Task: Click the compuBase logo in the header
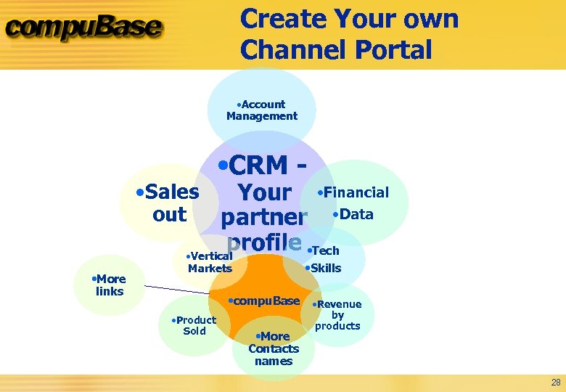click(x=84, y=28)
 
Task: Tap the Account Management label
click(x=262, y=110)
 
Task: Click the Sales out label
click(x=168, y=203)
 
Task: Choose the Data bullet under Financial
click(x=353, y=214)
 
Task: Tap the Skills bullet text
click(x=324, y=268)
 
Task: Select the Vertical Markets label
click(x=209, y=263)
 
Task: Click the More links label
click(x=110, y=285)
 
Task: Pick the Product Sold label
click(x=194, y=325)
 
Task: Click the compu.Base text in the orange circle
click(x=264, y=301)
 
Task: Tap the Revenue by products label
click(x=337, y=315)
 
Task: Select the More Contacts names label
click(x=274, y=348)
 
